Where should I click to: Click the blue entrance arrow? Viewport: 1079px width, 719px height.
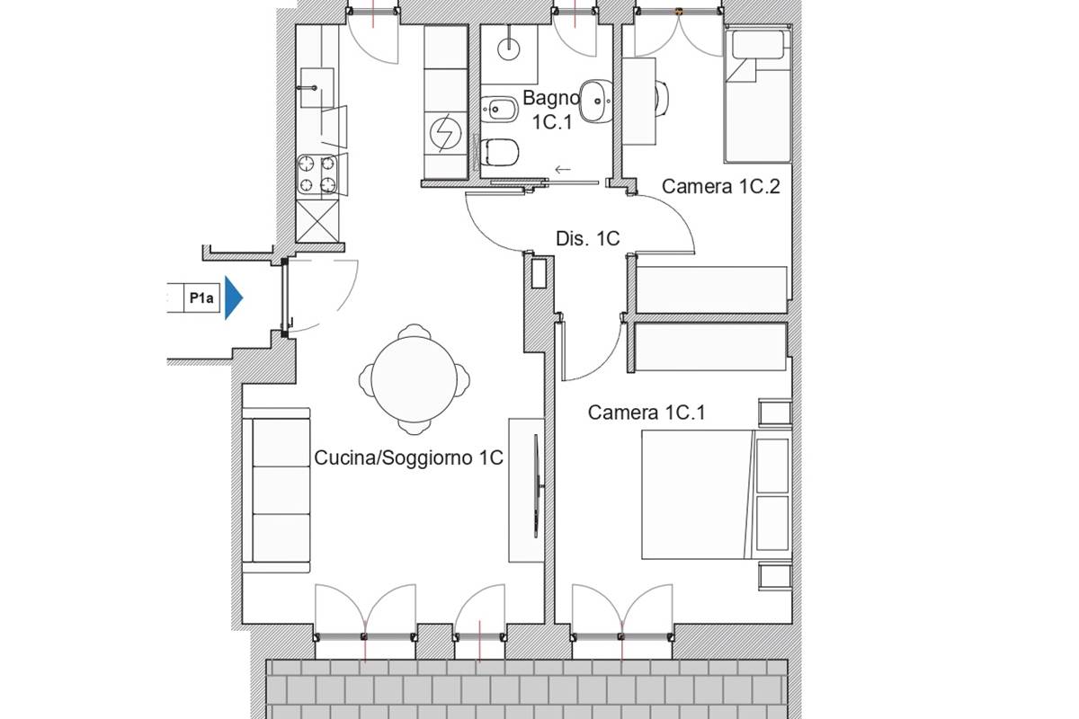234,298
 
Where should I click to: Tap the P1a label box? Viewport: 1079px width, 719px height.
201,298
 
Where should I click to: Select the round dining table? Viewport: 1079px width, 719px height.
415,379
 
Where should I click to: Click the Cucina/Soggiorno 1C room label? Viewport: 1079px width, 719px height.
408,457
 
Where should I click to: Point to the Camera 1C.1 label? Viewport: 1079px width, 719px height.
647,413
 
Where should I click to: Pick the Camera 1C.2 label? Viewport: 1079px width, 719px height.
720,186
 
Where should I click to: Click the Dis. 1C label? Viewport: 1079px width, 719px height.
588,239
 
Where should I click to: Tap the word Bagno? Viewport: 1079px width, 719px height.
551,98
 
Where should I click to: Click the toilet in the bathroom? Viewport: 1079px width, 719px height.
500,152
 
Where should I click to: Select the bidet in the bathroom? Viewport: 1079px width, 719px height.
499,110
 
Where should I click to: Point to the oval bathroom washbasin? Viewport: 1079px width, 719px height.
596,102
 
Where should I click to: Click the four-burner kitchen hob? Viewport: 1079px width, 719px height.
317,174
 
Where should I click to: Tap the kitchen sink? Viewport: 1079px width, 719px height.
317,88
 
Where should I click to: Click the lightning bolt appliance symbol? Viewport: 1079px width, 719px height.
446,133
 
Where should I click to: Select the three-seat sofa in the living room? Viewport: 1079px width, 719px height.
276,490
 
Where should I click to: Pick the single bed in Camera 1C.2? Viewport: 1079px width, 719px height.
757,95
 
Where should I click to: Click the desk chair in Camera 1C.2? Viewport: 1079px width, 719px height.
663,99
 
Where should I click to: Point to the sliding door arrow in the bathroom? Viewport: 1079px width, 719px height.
563,170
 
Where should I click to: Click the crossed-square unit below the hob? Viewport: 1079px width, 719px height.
317,221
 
